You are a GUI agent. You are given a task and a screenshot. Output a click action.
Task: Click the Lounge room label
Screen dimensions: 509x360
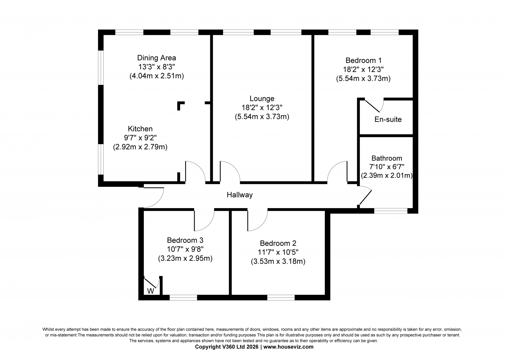[262, 98]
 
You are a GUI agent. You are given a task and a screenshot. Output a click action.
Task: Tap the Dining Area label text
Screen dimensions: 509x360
[157, 58]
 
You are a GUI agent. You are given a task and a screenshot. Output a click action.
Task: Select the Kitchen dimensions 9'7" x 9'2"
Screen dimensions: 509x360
[140, 138]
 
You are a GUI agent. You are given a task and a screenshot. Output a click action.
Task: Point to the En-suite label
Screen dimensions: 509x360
[388, 119]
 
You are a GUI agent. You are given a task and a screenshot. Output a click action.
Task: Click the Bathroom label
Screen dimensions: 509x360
[387, 158]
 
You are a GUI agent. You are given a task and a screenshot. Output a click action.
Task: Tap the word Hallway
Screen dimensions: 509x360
[240, 195]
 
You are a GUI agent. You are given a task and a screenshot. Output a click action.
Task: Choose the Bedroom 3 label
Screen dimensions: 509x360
[185, 240]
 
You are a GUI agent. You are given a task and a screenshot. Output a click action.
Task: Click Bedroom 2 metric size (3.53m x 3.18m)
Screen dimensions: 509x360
[278, 262]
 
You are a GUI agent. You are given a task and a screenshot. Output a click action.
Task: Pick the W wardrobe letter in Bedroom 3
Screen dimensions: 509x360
[151, 291]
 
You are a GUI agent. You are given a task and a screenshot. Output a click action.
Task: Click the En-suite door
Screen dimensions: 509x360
[372, 106]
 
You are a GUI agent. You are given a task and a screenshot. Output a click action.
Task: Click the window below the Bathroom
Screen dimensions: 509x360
[391, 211]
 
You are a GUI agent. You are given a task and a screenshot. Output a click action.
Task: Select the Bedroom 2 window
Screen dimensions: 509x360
[281, 298]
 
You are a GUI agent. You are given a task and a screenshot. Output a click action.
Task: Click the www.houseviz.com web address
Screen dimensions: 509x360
[288, 347]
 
